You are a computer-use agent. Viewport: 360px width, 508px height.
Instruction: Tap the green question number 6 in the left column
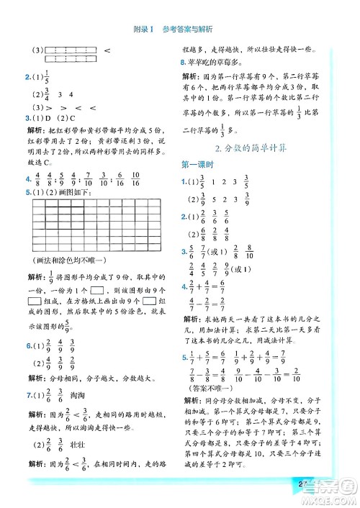(27, 346)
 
